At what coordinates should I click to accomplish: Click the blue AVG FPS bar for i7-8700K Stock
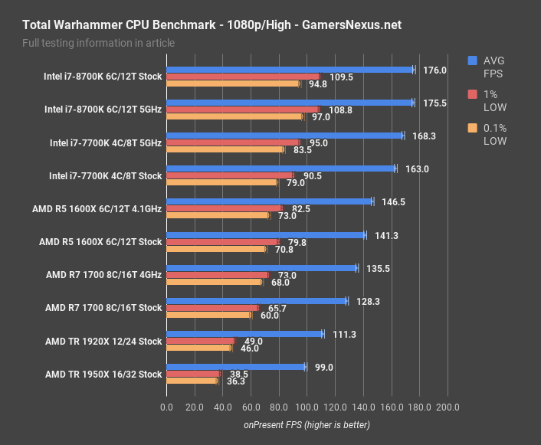[290, 70]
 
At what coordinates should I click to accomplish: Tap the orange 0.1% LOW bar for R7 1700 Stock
[208, 315]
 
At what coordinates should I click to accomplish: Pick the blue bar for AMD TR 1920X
[244, 334]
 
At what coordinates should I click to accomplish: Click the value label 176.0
[434, 70]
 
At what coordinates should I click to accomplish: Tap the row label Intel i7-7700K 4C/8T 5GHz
[106, 142]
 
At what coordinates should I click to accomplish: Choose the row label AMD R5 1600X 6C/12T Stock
[100, 241]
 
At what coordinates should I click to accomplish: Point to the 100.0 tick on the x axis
[307, 407]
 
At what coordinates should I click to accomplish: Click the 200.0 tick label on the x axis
[448, 407]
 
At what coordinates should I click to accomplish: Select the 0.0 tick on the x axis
[166, 407]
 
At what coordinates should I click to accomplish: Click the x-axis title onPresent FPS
[307, 424]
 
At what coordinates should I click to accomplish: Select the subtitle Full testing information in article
[94, 43]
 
